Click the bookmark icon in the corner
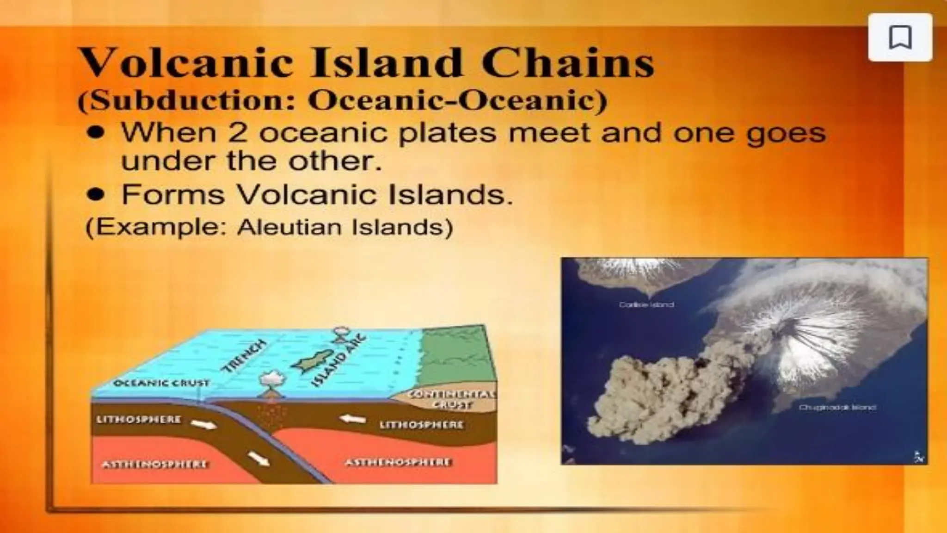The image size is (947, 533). click(900, 37)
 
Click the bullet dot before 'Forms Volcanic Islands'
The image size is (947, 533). click(96, 195)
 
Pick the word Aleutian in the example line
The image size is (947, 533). click(289, 227)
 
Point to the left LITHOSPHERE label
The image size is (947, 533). click(139, 420)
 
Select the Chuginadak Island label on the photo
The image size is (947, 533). click(837, 408)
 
